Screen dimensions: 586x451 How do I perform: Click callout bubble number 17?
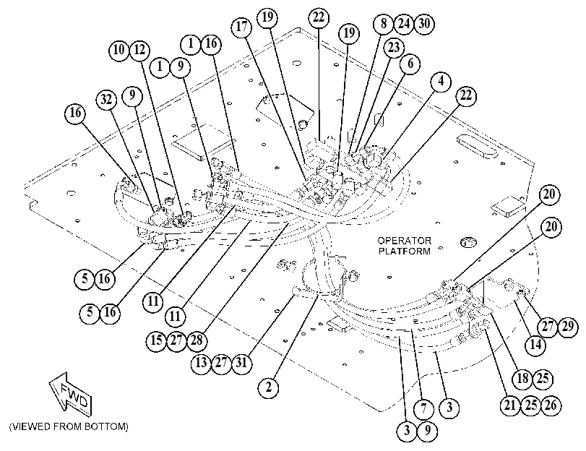(x=242, y=27)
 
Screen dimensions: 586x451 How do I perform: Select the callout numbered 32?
(x=106, y=100)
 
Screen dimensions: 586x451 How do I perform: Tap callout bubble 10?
(x=119, y=50)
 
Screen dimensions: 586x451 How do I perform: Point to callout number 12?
(x=139, y=50)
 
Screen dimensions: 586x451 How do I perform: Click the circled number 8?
(x=384, y=24)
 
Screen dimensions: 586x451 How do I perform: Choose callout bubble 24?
(x=404, y=24)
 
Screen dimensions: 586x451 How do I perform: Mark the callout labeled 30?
(x=424, y=24)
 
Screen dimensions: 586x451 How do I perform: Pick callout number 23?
(x=394, y=48)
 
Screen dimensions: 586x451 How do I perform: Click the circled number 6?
(x=410, y=64)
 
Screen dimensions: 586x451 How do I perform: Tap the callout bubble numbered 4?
(x=441, y=81)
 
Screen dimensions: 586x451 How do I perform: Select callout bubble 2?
(x=269, y=388)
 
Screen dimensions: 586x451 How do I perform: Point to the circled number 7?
(x=423, y=408)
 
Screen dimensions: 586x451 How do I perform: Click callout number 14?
(x=535, y=345)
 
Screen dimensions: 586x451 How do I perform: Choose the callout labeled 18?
(x=522, y=379)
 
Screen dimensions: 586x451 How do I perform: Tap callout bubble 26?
(x=551, y=405)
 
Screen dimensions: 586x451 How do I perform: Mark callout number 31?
(x=242, y=362)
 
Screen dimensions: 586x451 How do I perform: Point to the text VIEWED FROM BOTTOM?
(x=69, y=426)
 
